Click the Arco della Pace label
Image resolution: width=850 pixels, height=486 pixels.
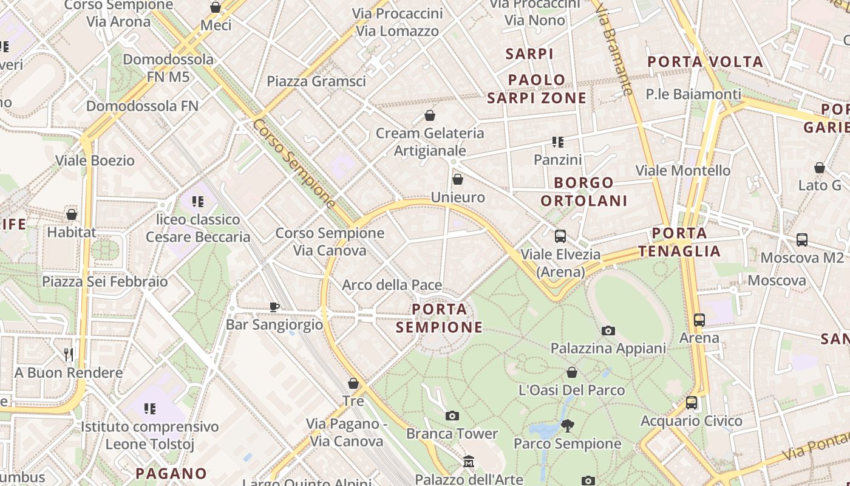tap(392, 285)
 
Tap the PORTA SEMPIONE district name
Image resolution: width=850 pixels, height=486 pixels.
tap(440, 318)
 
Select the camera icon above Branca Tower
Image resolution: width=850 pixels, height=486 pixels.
tap(452, 416)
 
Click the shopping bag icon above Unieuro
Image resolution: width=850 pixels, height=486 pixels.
tap(458, 179)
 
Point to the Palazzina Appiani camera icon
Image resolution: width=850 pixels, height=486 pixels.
tap(608, 331)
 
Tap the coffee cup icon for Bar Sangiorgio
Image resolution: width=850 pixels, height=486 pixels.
tap(274, 307)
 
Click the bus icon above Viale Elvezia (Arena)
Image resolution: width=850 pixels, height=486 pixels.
tap(560, 236)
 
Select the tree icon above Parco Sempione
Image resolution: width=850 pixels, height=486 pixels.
tap(568, 425)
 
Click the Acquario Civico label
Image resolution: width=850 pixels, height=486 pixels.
tap(691, 420)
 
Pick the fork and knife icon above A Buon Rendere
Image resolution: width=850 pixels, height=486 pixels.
tap(69, 354)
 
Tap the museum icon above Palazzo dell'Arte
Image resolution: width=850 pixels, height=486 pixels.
tap(468, 462)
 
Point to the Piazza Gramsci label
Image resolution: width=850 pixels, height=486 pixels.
tap(316, 81)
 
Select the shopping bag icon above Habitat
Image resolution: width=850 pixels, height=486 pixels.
tap(72, 214)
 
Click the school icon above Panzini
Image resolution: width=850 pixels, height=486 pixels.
tap(557, 142)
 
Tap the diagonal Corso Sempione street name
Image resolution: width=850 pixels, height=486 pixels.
tap(294, 163)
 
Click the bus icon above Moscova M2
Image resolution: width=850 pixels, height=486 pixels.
tap(801, 240)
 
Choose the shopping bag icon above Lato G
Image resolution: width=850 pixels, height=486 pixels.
tap(820, 168)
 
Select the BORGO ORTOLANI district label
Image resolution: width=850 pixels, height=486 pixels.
tap(583, 191)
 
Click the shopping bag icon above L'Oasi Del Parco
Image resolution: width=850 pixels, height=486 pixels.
tap(571, 372)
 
